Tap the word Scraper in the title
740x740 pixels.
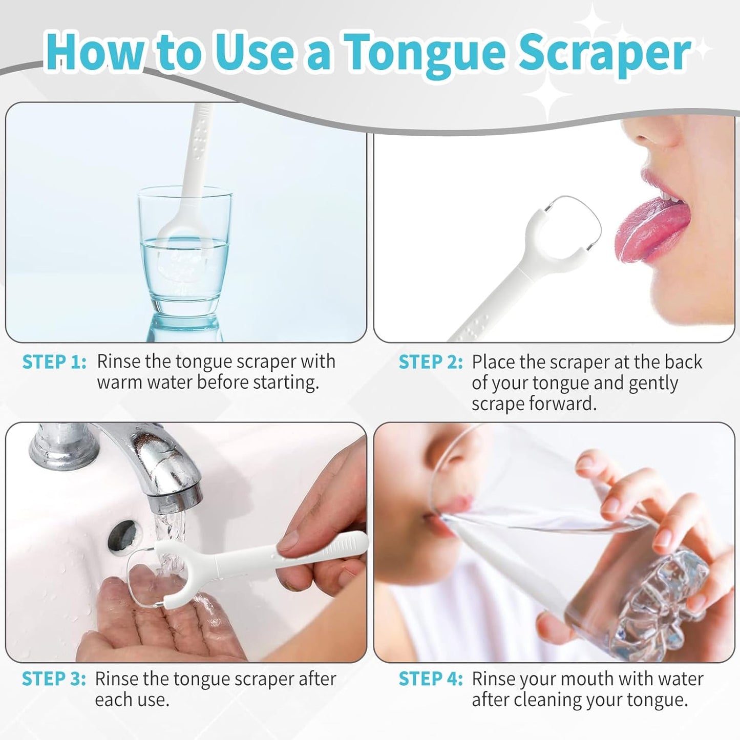[604, 53]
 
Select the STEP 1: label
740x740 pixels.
[54, 362]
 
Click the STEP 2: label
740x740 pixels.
[431, 362]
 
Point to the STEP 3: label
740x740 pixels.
[54, 679]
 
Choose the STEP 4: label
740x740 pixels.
[431, 679]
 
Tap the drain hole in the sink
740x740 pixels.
[122, 536]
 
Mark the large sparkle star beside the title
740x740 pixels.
[548, 92]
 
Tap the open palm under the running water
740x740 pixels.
[154, 620]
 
